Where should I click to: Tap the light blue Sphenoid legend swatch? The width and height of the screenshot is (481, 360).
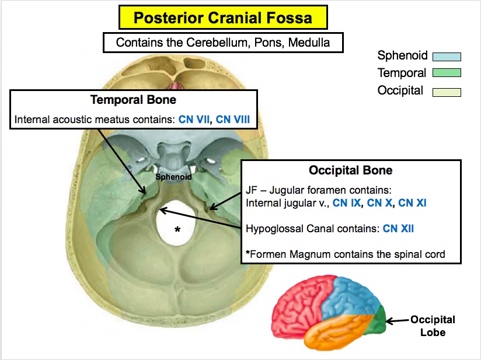(447, 57)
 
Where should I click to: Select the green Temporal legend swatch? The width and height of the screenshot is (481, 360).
(447, 74)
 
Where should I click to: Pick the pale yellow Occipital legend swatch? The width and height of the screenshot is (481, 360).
(447, 92)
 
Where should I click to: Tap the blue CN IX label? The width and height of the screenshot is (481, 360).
(348, 203)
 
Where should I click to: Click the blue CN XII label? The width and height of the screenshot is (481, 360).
(398, 228)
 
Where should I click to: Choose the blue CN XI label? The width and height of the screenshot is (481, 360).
(414, 203)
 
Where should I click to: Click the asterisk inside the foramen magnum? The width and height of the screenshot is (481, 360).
(178, 230)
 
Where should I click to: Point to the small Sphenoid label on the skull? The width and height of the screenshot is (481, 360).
(169, 175)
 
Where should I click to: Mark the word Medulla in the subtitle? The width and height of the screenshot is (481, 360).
(312, 42)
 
